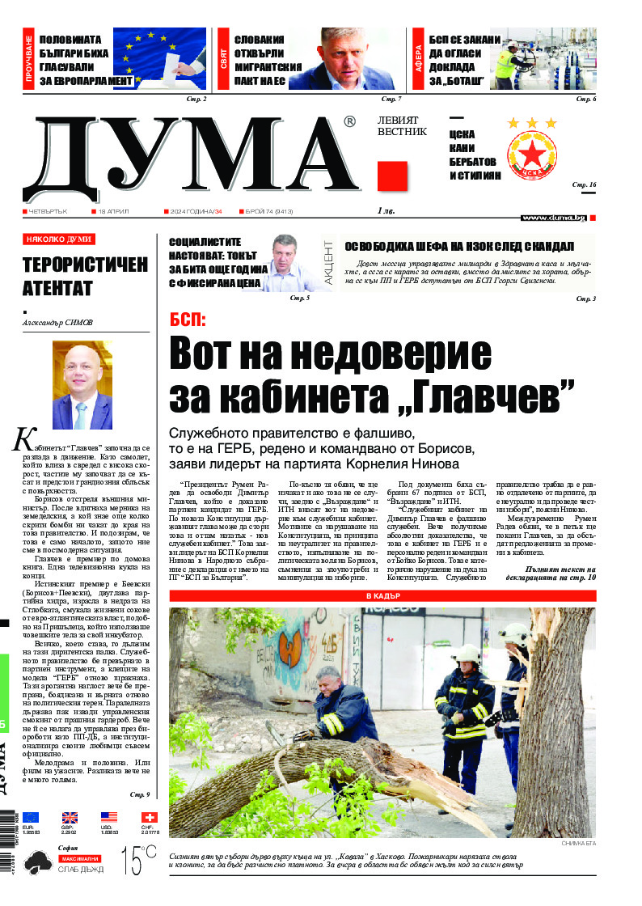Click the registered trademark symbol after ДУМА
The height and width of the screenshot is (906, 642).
[349, 121]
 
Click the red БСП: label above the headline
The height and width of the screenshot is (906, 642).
[188, 319]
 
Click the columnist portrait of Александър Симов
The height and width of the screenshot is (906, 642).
[82, 386]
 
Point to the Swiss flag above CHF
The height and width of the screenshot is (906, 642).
[148, 817]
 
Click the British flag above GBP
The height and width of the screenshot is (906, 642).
[70, 817]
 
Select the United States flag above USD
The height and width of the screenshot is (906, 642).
[108, 817]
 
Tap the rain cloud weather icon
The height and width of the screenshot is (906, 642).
[37, 863]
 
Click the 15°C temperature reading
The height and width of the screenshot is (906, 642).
[138, 860]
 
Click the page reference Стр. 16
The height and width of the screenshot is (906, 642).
[584, 185]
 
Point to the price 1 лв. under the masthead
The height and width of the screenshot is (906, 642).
[386, 211]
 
